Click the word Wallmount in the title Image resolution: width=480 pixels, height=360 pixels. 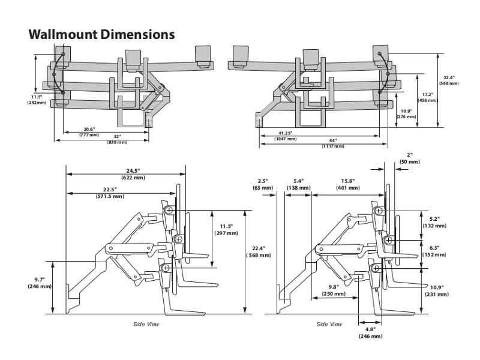[x=58, y=34]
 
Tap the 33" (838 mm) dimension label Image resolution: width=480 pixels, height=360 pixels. [x=118, y=139]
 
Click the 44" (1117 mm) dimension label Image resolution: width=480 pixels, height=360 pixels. [x=333, y=143]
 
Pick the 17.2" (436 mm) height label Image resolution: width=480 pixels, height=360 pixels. [x=428, y=97]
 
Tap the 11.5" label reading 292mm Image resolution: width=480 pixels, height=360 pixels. [x=37, y=100]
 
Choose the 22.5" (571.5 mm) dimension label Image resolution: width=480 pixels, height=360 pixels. [x=110, y=193]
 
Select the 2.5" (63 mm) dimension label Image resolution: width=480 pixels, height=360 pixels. [x=263, y=184]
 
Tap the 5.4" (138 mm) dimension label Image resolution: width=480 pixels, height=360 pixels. [x=298, y=184]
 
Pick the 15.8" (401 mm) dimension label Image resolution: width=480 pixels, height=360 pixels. [x=348, y=184]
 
